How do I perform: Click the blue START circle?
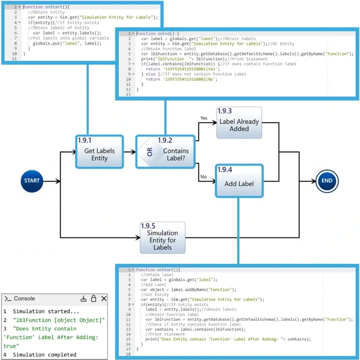pyautogui.click(x=32, y=181)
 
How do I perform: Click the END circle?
pyautogui.click(x=327, y=181)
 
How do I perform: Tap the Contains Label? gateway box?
pyautogui.click(x=164, y=152)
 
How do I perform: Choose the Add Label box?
pyautogui.click(x=239, y=183)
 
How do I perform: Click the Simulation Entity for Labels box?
pyautogui.click(x=162, y=237)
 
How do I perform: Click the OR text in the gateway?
pyautogui.click(x=150, y=152)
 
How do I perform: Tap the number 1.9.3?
pyautogui.click(x=225, y=111)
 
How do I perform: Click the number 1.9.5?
pyautogui.click(x=148, y=226)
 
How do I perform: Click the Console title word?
pyautogui.click(x=24, y=298)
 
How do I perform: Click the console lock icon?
pyautogui.click(x=93, y=298)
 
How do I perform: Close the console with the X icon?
pyautogui.click(x=104, y=298)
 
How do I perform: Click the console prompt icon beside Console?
pyautogui.click(x=8, y=298)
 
